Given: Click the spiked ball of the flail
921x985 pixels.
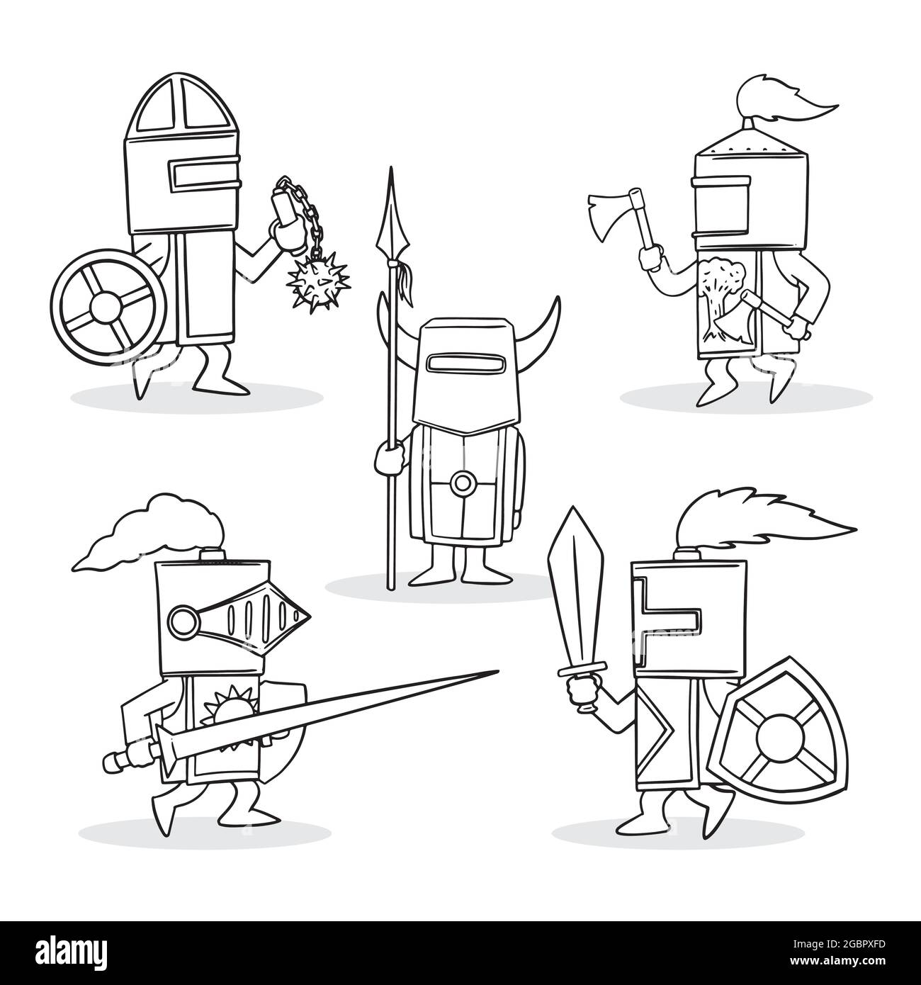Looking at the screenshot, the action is pos(318,283).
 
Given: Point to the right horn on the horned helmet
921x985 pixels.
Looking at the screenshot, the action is pos(541,323).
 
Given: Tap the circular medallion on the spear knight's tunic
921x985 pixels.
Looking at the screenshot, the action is pos(463,483).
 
